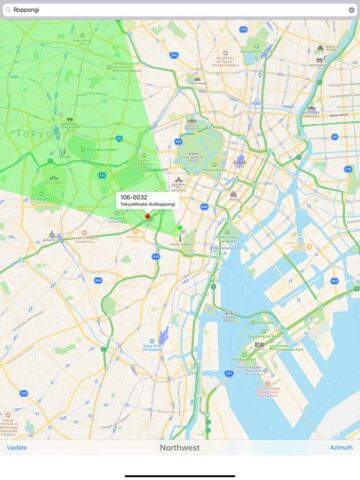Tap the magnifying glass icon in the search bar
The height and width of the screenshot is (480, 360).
coord(7,9)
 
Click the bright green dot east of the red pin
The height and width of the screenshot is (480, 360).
coord(180,228)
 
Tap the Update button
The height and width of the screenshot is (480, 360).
coord(17,447)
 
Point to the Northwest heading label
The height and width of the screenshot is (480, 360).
coord(180,447)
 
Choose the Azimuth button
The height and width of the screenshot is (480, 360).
coord(341,447)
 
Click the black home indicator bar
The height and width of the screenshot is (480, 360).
coord(180,474)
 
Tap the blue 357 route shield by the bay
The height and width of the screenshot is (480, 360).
coord(229,373)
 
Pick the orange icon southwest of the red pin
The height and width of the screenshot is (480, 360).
coord(136,232)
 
